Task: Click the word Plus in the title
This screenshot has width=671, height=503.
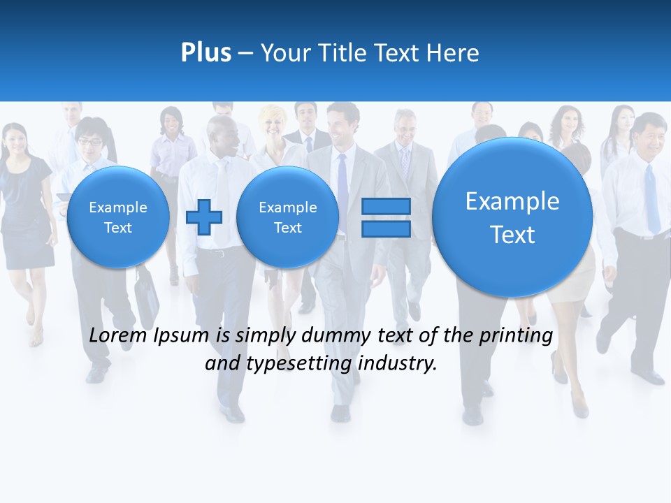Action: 205,53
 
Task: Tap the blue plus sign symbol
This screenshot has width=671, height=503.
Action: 203,217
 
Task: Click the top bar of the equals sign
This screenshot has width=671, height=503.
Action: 385,206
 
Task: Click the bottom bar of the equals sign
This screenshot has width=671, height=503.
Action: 385,229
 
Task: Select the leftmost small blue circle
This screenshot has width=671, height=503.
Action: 117,217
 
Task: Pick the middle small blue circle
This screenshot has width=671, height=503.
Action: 287,217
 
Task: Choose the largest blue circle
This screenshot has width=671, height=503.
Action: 512,217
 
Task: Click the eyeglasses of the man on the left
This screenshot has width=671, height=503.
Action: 89,142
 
